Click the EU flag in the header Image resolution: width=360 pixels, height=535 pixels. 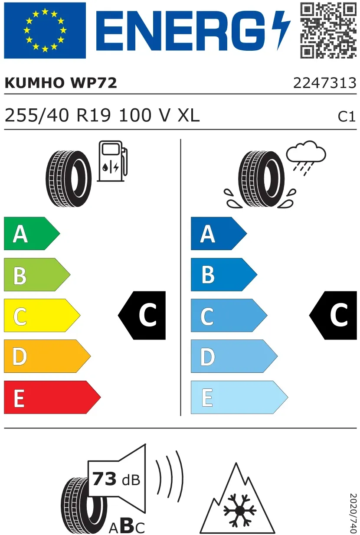coord(45,30)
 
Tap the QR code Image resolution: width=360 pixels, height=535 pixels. coord(328,30)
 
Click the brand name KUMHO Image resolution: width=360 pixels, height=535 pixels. coord(34,83)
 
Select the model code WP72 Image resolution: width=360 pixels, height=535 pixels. coord(94,83)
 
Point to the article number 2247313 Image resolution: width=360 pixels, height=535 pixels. coord(325,83)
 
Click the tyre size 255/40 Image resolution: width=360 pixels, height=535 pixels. coord(37,115)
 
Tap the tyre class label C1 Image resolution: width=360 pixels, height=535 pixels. coord(347,117)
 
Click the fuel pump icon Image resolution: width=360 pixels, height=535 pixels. coord(112,161)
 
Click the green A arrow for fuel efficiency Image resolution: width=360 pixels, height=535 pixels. coord(32,234)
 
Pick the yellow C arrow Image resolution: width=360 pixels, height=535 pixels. coord(42,315)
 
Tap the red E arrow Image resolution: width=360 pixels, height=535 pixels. coord(52,397)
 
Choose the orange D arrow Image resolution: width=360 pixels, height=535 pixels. coord(47,356)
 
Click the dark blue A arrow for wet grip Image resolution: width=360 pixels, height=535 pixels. coord(219,234)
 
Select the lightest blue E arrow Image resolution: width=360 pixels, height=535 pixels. coord(239,397)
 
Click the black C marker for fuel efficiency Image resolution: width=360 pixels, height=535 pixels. coord(142,315)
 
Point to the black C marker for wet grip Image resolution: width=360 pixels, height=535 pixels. coord(333,315)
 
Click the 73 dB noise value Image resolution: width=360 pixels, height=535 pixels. coord(116,479)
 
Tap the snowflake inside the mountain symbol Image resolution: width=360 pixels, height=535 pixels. coord(239,510)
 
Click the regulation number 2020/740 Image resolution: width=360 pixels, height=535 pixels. coord(353,513)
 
